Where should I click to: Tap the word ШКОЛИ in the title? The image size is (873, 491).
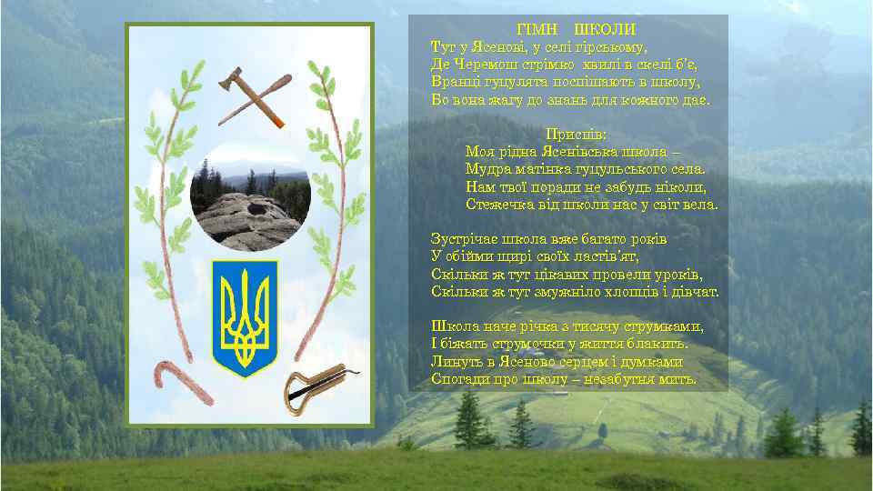(606, 30)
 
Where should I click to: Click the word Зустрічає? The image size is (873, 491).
(466, 239)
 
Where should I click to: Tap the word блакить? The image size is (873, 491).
(661, 344)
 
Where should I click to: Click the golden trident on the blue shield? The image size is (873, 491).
(245, 316)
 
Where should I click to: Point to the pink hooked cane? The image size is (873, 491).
(181, 383)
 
